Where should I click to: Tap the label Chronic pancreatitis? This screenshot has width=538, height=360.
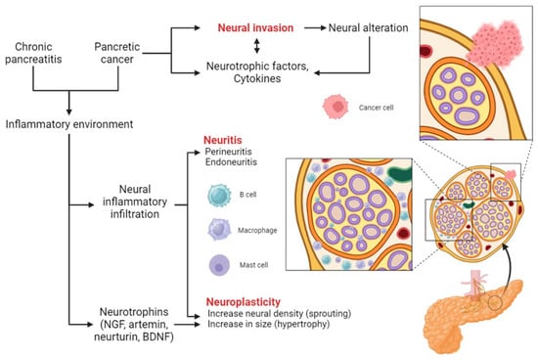click(42, 54)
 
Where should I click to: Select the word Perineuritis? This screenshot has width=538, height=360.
click(231, 154)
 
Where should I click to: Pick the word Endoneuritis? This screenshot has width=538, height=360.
click(233, 165)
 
